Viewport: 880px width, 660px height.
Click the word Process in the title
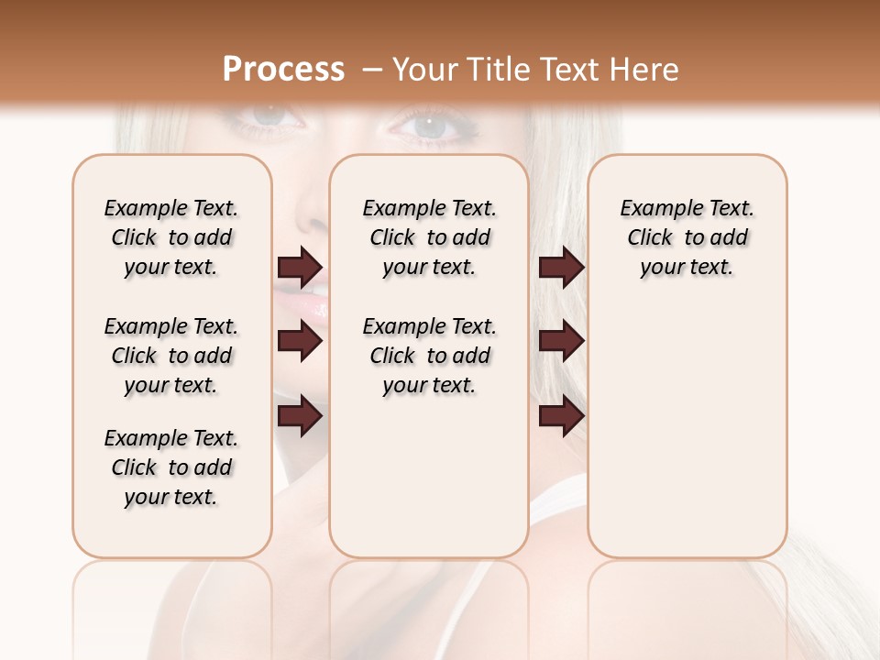[283, 70]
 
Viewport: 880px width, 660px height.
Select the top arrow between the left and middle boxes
[300, 267]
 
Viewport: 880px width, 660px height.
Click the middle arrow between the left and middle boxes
[300, 341]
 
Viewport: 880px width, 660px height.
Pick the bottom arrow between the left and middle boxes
[300, 417]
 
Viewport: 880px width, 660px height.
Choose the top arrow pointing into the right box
[561, 267]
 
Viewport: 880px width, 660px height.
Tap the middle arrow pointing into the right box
[561, 341]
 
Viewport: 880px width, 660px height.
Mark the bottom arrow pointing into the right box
[561, 417]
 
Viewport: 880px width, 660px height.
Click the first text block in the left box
[171, 237]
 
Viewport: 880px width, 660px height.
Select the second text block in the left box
[171, 356]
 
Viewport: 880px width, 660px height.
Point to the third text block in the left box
[171, 467]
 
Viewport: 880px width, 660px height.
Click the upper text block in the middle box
[429, 237]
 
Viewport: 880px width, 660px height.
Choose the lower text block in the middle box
[429, 356]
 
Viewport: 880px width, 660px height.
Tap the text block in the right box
[687, 237]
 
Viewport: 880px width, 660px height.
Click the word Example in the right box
[654, 209]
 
